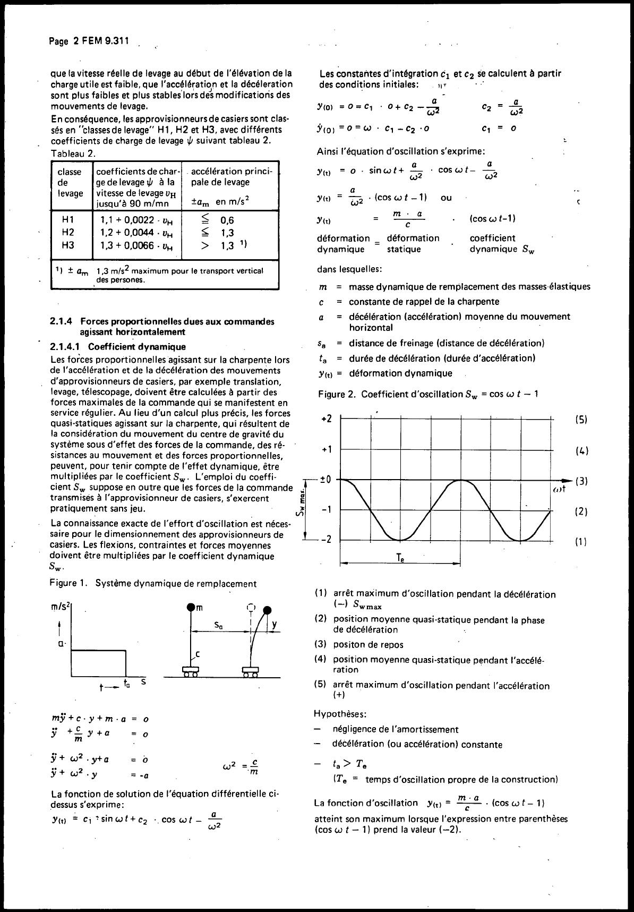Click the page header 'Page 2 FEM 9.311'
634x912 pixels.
tap(89, 41)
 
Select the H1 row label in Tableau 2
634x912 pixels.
tap(68, 219)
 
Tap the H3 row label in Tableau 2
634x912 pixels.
tap(68, 245)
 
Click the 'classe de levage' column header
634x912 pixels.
tap(70, 182)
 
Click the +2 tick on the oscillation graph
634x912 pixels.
tap(327, 419)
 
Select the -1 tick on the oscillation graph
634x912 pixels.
tap(327, 509)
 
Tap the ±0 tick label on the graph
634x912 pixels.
tap(325, 480)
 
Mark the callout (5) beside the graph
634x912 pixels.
tap(581, 420)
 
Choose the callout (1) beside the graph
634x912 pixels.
tap(581, 542)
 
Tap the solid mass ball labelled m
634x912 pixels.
tap(191, 607)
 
